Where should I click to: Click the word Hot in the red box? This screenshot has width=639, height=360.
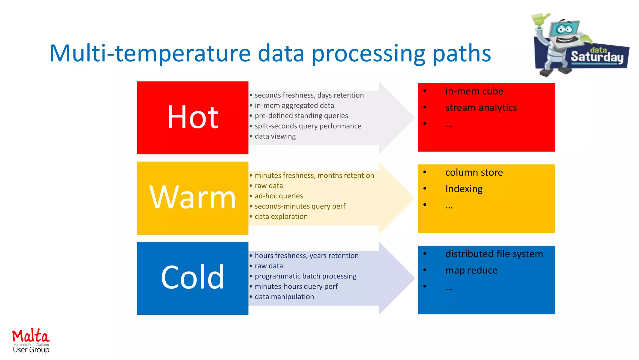[x=193, y=117]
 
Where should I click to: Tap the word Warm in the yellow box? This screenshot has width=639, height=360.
[x=193, y=197]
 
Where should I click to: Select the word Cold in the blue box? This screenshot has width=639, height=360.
[x=193, y=277]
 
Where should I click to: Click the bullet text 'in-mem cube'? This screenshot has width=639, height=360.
[x=474, y=91]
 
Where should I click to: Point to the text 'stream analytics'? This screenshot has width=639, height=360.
[x=481, y=107]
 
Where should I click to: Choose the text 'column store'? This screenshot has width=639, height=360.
[x=474, y=172]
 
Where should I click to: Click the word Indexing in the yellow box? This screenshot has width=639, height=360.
[x=464, y=189]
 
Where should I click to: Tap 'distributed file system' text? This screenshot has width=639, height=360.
[x=494, y=254]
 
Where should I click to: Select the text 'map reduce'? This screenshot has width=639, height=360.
[x=471, y=270]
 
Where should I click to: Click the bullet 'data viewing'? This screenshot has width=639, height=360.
[x=275, y=136]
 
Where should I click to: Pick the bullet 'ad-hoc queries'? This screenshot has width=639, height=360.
[x=279, y=196]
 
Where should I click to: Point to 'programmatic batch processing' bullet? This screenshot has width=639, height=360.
[x=305, y=276]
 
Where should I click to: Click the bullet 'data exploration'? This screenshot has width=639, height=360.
[x=281, y=217]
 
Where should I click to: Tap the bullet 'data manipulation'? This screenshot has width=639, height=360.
[x=284, y=297]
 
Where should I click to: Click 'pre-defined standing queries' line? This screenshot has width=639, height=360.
[x=301, y=116]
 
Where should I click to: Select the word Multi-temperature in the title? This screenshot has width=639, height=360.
[x=150, y=53]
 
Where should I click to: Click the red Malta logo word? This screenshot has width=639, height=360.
[x=31, y=336]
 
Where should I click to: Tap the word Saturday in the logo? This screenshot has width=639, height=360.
[x=597, y=57]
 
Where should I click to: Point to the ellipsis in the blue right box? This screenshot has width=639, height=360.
[x=449, y=287]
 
